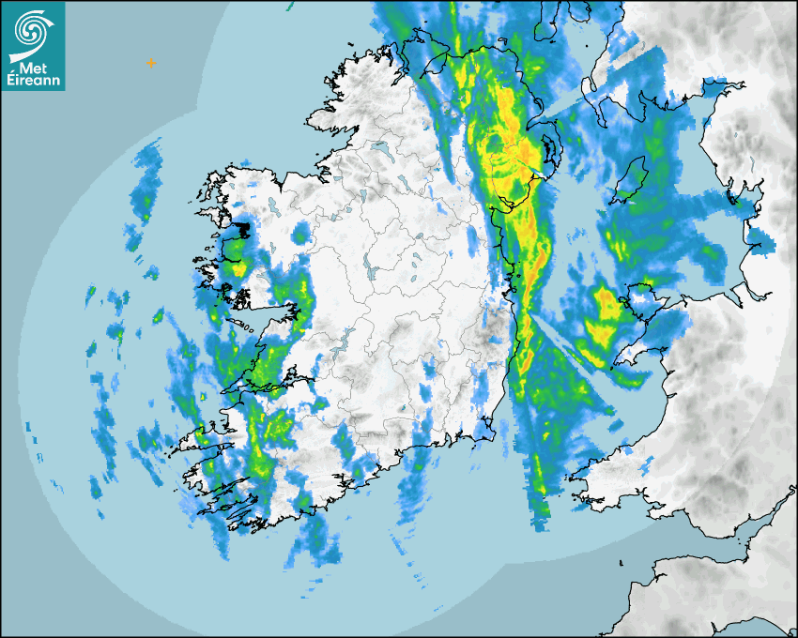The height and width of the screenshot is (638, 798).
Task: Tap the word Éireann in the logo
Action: pos(33,81)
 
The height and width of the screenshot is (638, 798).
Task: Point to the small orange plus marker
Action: pos(150,63)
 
